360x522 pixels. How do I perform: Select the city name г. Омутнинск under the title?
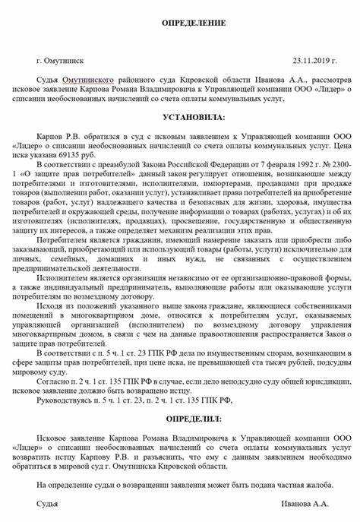coord(60,59)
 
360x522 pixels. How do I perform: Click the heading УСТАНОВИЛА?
coord(194,118)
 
